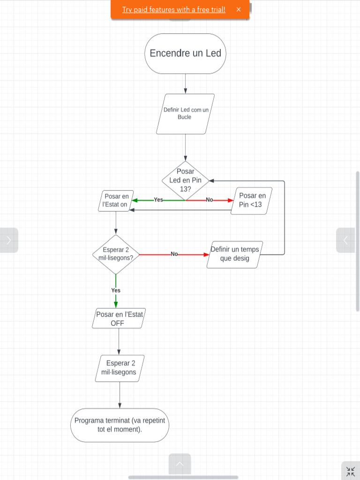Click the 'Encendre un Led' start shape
185,53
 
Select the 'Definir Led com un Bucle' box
185,114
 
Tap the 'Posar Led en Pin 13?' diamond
185,180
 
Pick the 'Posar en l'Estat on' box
116,201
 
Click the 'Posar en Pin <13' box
251,201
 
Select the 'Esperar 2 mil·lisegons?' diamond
116,255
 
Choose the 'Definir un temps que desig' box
234,255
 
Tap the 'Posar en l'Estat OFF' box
119,318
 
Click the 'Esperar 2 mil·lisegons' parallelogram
120,368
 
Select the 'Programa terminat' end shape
120,425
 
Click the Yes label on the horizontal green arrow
158,200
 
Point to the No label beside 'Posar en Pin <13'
210,200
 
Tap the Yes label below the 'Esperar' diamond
116,290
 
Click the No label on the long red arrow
174,254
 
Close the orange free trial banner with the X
239,9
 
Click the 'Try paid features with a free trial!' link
174,9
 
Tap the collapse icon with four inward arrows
351,472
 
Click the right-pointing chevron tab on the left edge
9,240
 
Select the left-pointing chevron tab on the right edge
345,240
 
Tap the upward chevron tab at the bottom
180,464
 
